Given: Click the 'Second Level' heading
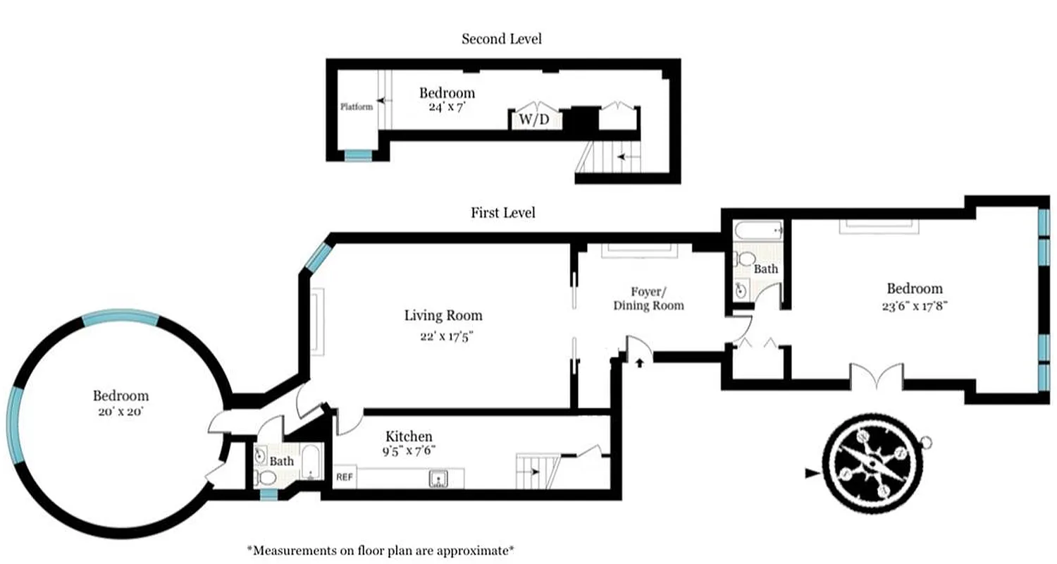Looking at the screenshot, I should coord(501,39).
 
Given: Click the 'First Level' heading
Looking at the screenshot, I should coord(502,212).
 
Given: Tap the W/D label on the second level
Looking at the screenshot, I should coord(534,120).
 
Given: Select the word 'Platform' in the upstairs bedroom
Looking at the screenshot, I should coord(356,107).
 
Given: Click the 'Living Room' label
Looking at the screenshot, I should coord(443,315).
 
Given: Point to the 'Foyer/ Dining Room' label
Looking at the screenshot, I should coord(648,298).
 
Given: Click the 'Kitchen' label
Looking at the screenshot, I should coord(409,436).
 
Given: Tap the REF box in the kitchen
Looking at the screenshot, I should coord(344,477).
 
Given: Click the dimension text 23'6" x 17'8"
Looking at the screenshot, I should coord(914,306).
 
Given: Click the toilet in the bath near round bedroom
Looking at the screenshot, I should coord(266,477).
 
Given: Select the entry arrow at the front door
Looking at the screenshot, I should coord(640,363).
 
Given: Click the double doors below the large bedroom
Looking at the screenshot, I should coord(876,376).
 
